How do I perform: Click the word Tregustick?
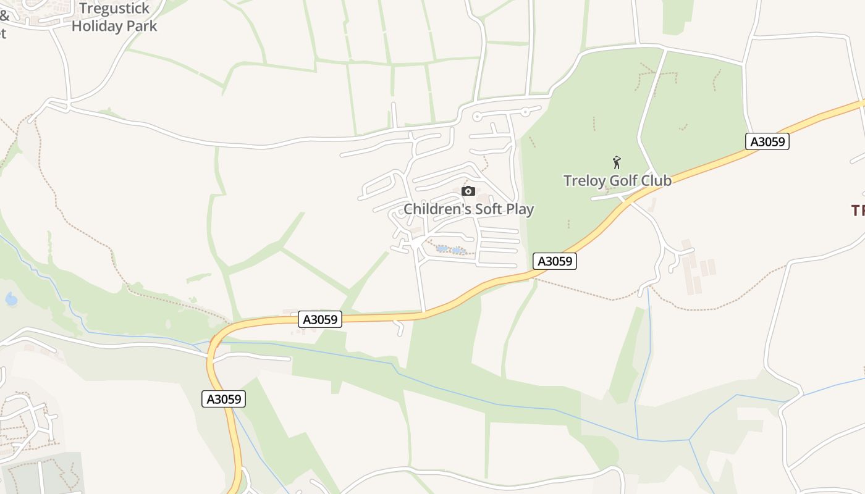[x=111, y=9]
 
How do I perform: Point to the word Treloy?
[x=584, y=181]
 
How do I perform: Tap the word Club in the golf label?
[x=656, y=181]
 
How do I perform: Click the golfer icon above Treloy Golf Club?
[x=617, y=162]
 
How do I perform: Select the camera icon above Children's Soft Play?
[x=468, y=191]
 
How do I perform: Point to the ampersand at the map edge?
[x=4, y=15]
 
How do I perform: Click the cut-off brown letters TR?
[x=858, y=211]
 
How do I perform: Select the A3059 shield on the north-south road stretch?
[x=224, y=399]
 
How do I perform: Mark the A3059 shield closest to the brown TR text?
[x=767, y=141]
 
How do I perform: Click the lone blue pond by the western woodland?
[x=11, y=299]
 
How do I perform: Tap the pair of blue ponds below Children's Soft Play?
[x=450, y=250]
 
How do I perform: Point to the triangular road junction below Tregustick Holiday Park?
[x=58, y=106]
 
